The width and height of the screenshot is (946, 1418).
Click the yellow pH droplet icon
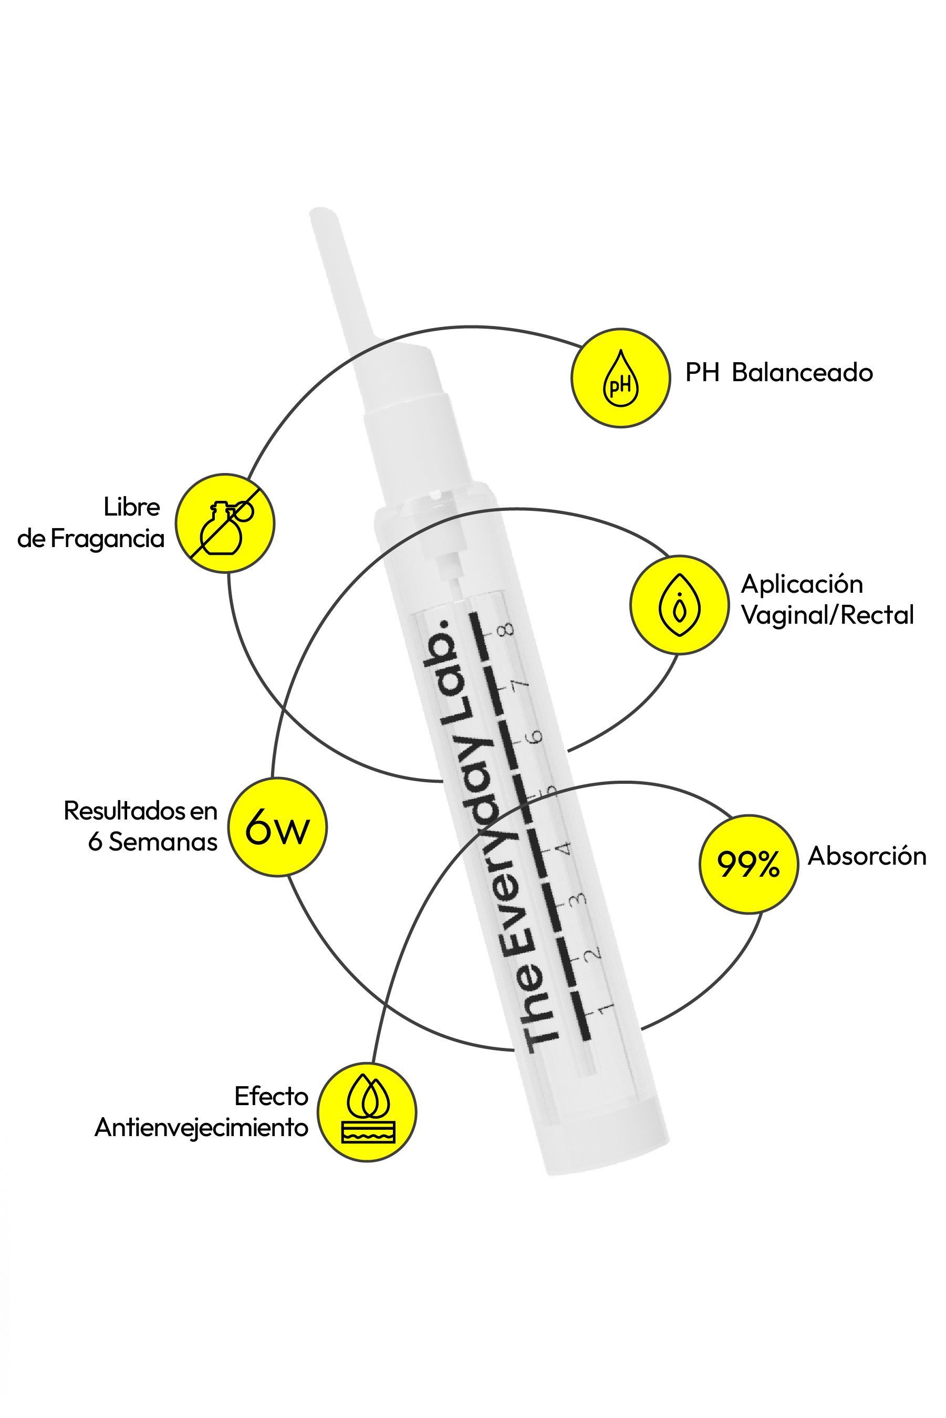pyautogui.click(x=620, y=378)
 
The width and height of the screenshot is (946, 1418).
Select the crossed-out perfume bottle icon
pyautogui.click(x=225, y=523)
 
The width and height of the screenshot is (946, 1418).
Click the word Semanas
pyautogui.click(x=163, y=842)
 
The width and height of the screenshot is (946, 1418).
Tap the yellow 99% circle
pyautogui.click(x=748, y=864)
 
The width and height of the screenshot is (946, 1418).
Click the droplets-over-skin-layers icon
pyautogui.click(x=367, y=1112)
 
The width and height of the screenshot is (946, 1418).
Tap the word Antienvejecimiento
pyautogui.click(x=202, y=1127)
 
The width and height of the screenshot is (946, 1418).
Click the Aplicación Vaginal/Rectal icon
pyautogui.click(x=679, y=605)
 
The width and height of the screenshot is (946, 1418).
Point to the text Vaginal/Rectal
pyautogui.click(x=827, y=615)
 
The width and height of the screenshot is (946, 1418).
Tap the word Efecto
pyautogui.click(x=271, y=1096)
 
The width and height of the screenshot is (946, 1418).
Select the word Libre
pyautogui.click(x=131, y=507)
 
